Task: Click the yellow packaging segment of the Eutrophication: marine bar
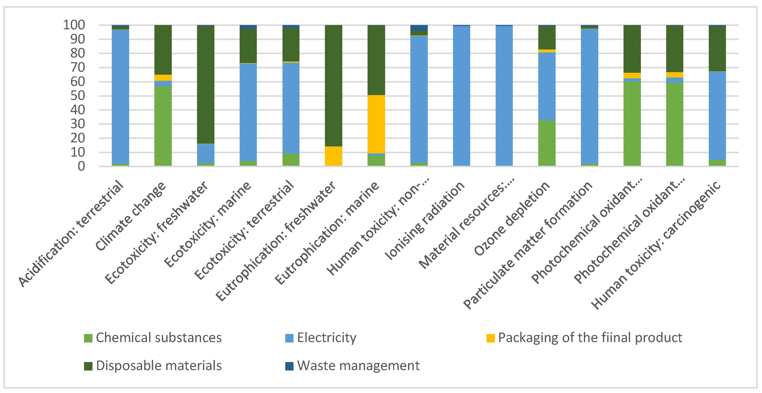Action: coord(376,124)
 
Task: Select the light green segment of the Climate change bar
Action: coord(163,126)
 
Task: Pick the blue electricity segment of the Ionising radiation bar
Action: coord(461,95)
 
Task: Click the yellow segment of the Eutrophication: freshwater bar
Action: coord(333,156)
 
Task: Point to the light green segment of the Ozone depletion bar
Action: coord(547,143)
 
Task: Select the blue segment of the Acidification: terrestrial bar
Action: coord(120,97)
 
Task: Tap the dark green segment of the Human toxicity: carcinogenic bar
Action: coord(717,49)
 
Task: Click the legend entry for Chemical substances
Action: coord(153,338)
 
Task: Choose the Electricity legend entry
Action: coord(321,338)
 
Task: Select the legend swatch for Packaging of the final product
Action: coord(491,338)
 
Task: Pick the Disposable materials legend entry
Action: coord(153,366)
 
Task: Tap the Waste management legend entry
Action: coord(352,366)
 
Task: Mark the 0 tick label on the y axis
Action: coord(81,166)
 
